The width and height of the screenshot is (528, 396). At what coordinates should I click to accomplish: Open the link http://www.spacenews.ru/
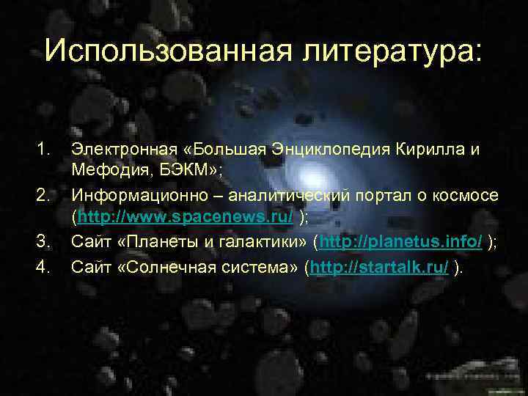click(186, 219)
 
